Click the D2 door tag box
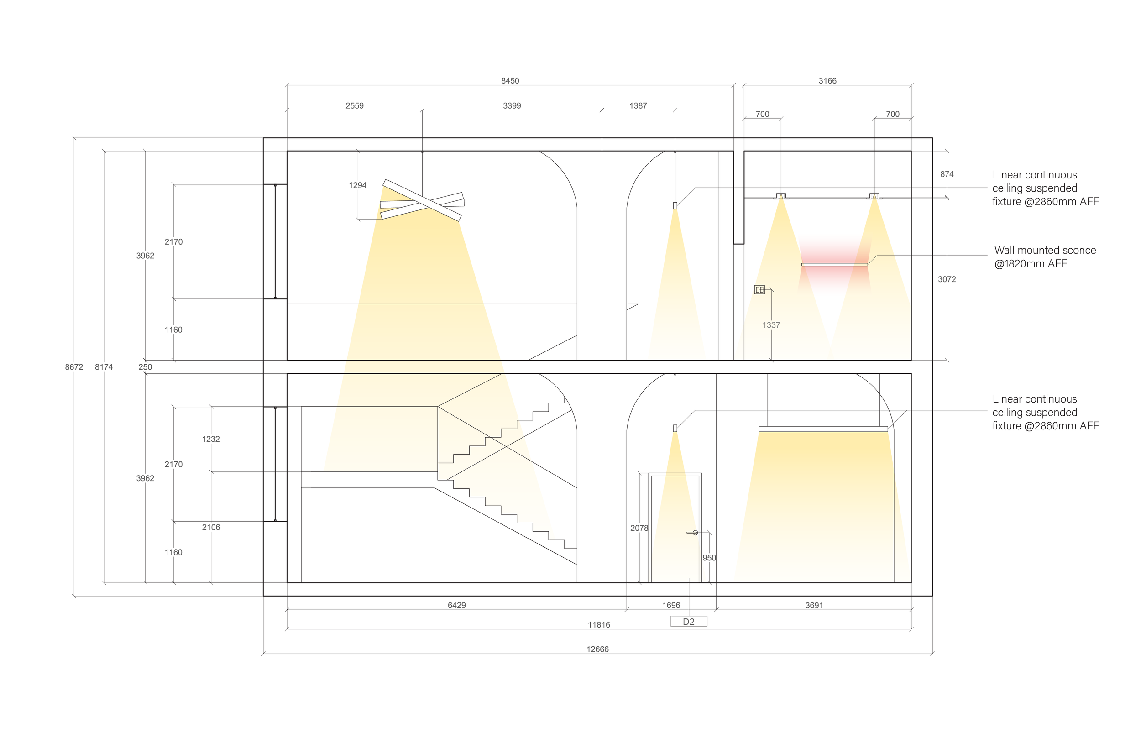click(x=689, y=622)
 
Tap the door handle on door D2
click(x=693, y=533)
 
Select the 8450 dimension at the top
click(x=510, y=81)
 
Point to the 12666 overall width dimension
click(x=597, y=649)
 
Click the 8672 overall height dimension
click(x=74, y=367)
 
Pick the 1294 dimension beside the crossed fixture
click(x=357, y=185)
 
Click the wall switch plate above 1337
click(x=759, y=289)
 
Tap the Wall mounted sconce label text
click(x=1045, y=257)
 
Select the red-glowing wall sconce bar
click(x=834, y=265)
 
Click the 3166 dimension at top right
click(x=827, y=81)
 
